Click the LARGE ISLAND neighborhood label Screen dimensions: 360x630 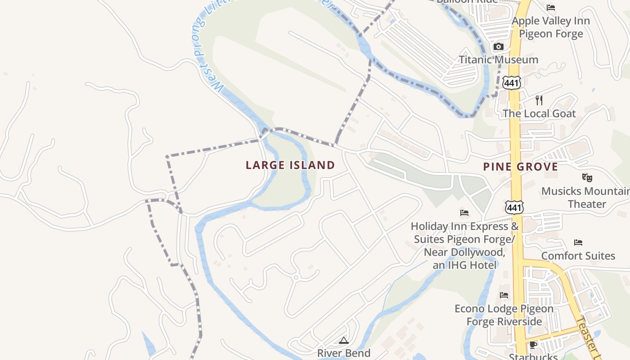tap(290, 165)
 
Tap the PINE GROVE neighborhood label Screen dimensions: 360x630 tap(521, 167)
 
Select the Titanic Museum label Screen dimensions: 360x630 tap(498, 59)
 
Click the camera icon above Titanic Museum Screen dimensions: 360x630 tap(498, 46)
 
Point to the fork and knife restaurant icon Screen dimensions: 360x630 tap(539, 100)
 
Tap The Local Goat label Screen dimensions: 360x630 tap(539, 113)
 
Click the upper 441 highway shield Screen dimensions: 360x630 tap(513, 83)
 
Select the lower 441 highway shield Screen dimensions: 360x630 tap(514, 207)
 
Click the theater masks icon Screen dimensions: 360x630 tap(586, 178)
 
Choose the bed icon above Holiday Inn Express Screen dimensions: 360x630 tap(464, 212)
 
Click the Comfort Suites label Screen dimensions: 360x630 tap(578, 256)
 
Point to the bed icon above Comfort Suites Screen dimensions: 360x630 tap(578, 243)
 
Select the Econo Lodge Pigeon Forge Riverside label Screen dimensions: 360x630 tap(504, 315)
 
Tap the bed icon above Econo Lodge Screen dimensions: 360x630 tap(504, 295)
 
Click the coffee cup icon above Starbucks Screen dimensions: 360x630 tap(533, 345)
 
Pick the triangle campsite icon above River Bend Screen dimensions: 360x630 tap(344, 340)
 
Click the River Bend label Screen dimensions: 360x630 tap(344, 353)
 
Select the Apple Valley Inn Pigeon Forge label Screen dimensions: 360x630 tap(551, 27)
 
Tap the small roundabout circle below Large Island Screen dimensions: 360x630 tap(296, 278)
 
